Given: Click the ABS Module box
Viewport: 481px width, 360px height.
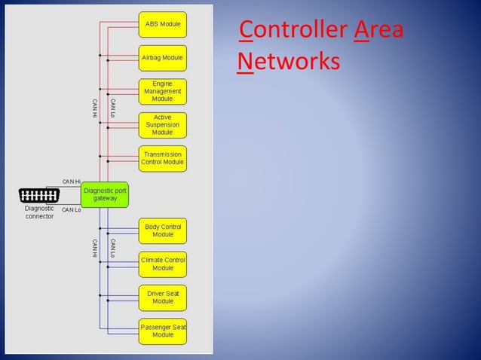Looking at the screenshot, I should pyautogui.click(x=162, y=24).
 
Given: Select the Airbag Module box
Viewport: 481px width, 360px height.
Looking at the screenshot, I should pyautogui.click(x=162, y=57).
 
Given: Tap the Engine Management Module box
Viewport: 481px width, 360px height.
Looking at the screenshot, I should pyautogui.click(x=162, y=91).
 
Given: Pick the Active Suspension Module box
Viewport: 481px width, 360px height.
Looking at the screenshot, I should pyautogui.click(x=162, y=125).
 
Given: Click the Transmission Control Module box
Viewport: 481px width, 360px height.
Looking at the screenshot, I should pyautogui.click(x=162, y=158).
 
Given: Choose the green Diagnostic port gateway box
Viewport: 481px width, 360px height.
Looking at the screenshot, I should pyautogui.click(x=106, y=194).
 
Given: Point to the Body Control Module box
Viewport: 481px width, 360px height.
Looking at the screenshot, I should pyautogui.click(x=162, y=230).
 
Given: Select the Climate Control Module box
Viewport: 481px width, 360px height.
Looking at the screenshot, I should pyautogui.click(x=162, y=264).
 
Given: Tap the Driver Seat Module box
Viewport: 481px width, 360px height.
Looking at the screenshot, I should pyautogui.click(x=162, y=297).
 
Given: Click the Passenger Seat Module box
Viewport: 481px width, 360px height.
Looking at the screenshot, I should pyautogui.click(x=162, y=331).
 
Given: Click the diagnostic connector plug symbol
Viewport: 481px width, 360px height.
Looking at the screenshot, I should pyautogui.click(x=39, y=196).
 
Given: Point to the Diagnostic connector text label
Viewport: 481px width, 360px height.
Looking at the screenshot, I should pyautogui.click(x=39, y=212).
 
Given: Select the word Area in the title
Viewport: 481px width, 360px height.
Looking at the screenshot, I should pyautogui.click(x=378, y=31).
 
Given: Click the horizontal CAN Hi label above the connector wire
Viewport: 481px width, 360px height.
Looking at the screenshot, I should pyautogui.click(x=71, y=182).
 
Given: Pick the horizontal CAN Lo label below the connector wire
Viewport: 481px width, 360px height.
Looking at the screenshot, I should pyautogui.click(x=72, y=210).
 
